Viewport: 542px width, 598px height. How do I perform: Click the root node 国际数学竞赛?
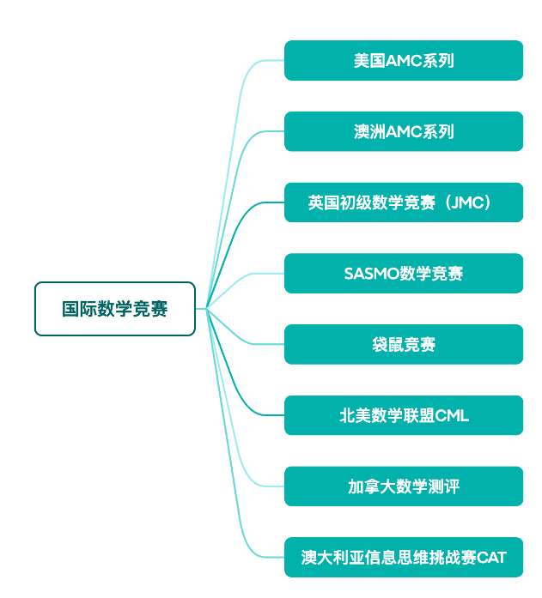click(115, 309)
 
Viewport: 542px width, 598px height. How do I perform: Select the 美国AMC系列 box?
click(404, 61)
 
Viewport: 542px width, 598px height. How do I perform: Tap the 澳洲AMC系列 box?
click(404, 132)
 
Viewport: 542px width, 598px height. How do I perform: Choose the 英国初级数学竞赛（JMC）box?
click(404, 202)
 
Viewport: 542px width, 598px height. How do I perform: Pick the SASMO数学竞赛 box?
click(404, 274)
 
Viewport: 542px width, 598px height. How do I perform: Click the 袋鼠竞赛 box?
click(404, 345)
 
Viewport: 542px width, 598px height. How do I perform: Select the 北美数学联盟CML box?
click(404, 416)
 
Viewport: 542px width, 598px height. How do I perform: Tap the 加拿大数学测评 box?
click(404, 486)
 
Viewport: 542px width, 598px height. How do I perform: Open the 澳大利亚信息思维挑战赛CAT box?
click(404, 558)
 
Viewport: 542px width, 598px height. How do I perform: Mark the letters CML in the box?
click(453, 416)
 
